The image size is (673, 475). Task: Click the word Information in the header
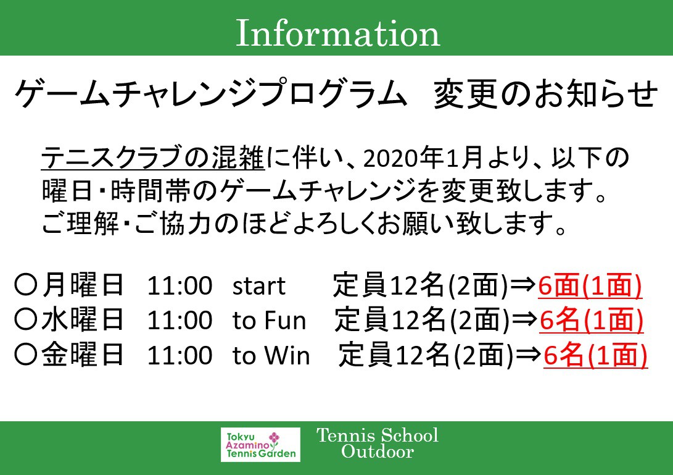[337, 34]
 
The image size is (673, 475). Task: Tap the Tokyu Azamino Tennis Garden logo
[260, 444]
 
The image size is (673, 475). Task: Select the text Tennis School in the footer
[378, 435]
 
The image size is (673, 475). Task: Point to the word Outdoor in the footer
[377, 452]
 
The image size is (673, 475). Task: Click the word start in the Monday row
[259, 286]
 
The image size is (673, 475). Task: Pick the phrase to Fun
[269, 321]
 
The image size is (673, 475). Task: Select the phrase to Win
[271, 356]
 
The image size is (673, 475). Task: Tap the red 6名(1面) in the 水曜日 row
[592, 320]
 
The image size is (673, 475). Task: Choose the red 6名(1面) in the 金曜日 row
[595, 355]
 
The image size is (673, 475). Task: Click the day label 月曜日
[83, 286]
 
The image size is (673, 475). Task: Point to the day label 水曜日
[83, 321]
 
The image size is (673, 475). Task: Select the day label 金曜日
[83, 356]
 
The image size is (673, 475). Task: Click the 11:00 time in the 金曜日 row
[179, 356]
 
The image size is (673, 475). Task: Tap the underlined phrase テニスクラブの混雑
[152, 159]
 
